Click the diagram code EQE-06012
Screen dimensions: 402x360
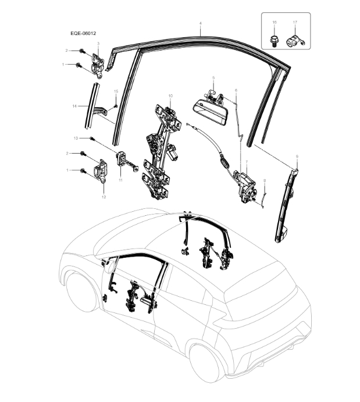click(79, 34)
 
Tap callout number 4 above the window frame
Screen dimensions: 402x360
click(200, 24)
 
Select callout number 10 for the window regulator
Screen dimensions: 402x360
click(170, 95)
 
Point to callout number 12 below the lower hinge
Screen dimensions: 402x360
click(104, 197)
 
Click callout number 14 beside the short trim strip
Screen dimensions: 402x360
click(74, 106)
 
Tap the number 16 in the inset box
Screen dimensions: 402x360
click(274, 22)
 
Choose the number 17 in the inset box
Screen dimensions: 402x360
click(295, 22)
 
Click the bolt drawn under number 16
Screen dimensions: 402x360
click(273, 41)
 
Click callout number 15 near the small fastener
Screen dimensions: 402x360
click(116, 91)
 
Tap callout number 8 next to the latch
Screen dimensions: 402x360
click(265, 180)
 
